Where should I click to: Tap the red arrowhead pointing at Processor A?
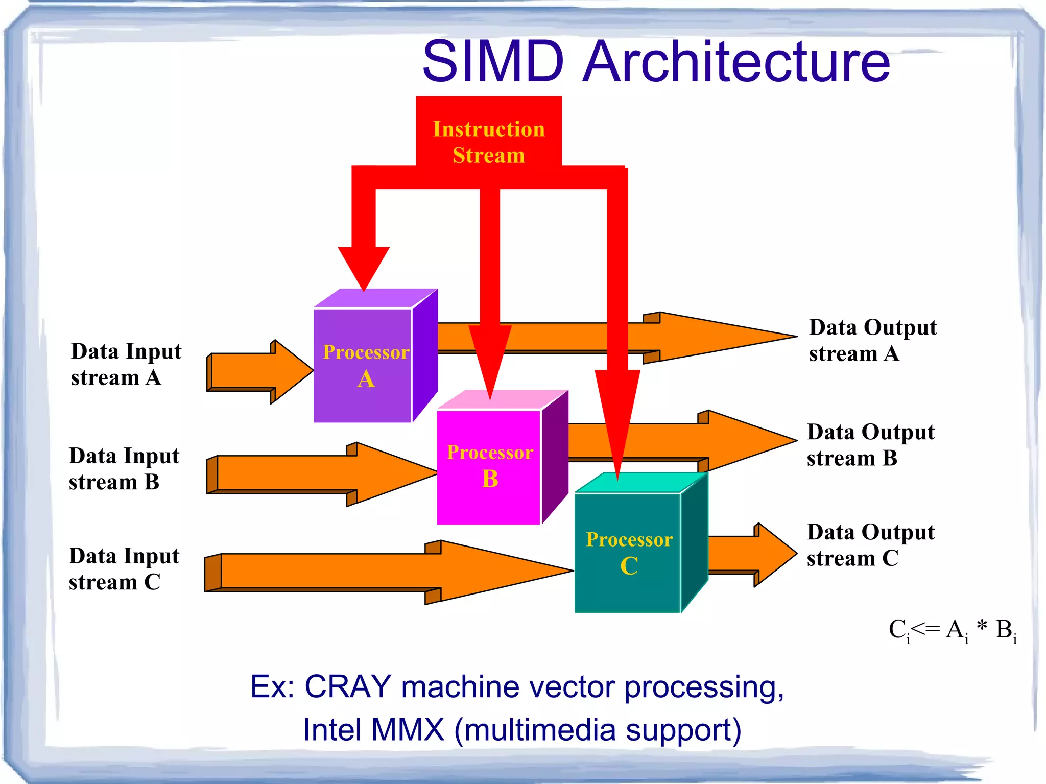pyautogui.click(x=364, y=266)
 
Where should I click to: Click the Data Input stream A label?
pyautogui.click(x=126, y=364)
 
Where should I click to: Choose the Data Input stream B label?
pyautogui.click(x=124, y=468)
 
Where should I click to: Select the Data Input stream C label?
pyautogui.click(x=124, y=568)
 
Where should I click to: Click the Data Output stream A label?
pyautogui.click(x=872, y=340)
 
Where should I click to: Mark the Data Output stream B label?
pyautogui.click(x=870, y=445)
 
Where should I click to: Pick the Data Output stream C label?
pyautogui.click(x=870, y=545)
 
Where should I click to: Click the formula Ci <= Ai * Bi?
pyautogui.click(x=952, y=630)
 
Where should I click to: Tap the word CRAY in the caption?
pyautogui.click(x=348, y=686)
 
